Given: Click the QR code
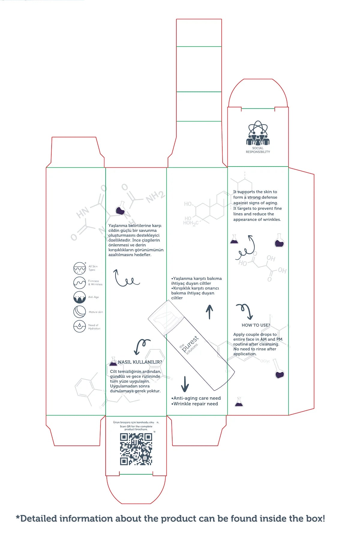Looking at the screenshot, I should (136, 449).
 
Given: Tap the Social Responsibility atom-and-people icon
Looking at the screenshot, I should (258, 133).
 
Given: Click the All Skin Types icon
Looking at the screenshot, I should (79, 268).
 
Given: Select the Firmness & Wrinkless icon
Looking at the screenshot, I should (79, 283).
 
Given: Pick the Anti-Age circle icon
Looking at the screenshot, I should (79, 297).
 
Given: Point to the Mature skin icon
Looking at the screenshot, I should (79, 312).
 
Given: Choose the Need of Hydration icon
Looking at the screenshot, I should (79, 326).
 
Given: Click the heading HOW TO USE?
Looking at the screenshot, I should (256, 325).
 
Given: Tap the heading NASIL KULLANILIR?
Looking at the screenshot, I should (140, 362).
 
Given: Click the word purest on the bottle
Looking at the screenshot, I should (190, 344).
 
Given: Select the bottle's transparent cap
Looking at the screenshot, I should (166, 318).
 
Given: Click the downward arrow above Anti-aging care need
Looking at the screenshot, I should (185, 384).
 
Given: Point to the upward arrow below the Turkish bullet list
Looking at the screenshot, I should (209, 312).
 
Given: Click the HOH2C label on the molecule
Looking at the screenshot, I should (190, 223).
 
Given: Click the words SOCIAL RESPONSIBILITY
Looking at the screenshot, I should (258, 150).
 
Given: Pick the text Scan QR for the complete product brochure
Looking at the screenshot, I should (136, 428).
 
